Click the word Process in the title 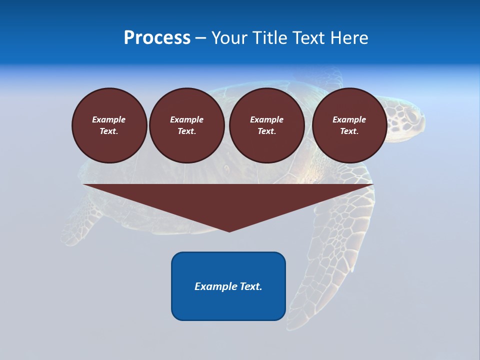point(157,38)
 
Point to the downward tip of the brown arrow point(229,230)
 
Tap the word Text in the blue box point(250,286)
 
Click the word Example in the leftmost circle point(109,119)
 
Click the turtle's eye point(411,116)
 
